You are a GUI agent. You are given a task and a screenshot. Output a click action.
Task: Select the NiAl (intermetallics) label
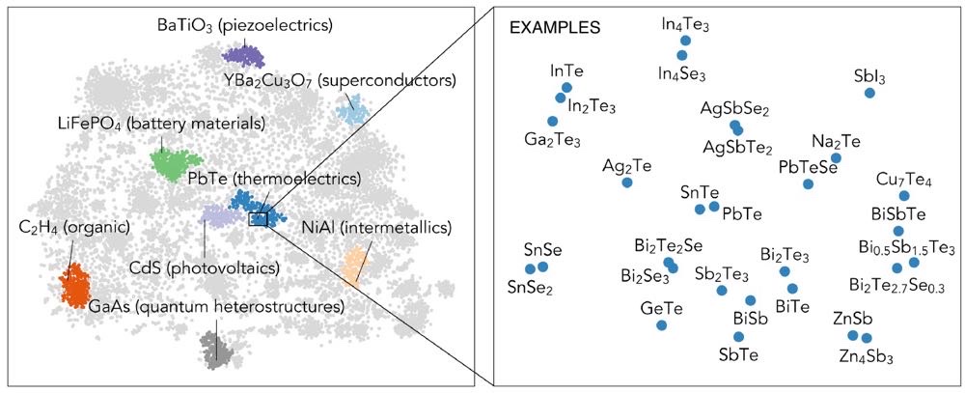click(376, 229)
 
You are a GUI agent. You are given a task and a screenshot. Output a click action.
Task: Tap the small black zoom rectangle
click(258, 219)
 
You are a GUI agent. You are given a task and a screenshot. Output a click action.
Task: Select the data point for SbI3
click(869, 93)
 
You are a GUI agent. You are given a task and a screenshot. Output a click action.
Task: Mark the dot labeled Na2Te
click(837, 157)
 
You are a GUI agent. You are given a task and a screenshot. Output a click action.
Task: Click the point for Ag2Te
click(627, 182)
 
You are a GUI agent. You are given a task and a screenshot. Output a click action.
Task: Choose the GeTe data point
click(661, 325)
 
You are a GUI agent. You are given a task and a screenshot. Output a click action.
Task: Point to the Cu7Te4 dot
click(904, 196)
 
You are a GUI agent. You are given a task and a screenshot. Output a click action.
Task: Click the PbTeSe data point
click(808, 183)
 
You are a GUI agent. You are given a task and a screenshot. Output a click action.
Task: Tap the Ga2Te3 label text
click(552, 139)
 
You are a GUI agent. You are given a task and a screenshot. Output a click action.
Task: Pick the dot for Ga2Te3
click(552, 121)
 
